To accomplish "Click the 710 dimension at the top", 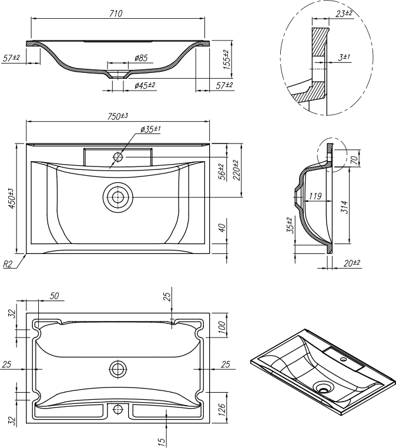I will pos(115,13).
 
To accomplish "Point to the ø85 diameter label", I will pos(140,58).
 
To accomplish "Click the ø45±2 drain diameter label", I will pos(145,85).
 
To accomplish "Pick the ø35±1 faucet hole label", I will pos(150,129).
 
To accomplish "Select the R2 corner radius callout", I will pos(8,265).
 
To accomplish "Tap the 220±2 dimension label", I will pos(236,170).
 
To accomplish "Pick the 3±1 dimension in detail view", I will pos(344,57).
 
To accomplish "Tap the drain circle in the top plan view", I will pos(118,197).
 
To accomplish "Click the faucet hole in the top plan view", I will pos(118,157).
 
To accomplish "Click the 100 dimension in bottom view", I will pos(222,327).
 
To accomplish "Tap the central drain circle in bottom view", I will pos(118,369).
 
